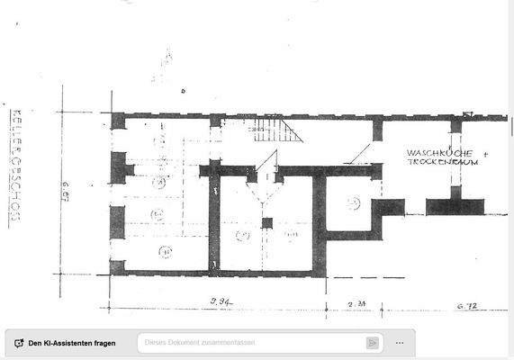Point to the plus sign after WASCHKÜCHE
pyautogui.click(x=486, y=154)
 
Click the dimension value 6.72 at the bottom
pyautogui.click(x=465, y=307)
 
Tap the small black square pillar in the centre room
pyautogui.click(x=266, y=221)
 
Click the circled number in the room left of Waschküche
pyautogui.click(x=353, y=203)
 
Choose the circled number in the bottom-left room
pyautogui.click(x=165, y=251)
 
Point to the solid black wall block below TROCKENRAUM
pyautogui.click(x=455, y=206)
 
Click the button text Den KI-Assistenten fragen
pyautogui.click(x=72, y=343)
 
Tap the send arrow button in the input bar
pyautogui.click(x=372, y=343)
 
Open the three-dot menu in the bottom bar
pyautogui.click(x=400, y=343)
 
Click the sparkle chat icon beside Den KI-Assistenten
pyautogui.click(x=18, y=343)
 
